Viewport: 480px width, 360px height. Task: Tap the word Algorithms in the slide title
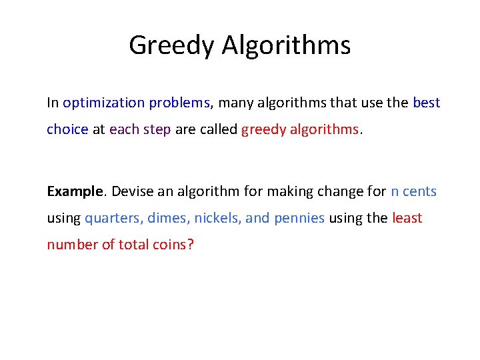click(287, 45)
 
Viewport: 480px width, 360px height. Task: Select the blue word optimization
click(103, 103)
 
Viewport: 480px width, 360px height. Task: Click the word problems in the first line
click(179, 103)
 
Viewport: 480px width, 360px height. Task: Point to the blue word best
click(427, 103)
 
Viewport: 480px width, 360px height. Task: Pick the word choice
click(67, 129)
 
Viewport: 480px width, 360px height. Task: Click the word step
click(156, 129)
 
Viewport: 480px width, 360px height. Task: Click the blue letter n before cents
click(395, 191)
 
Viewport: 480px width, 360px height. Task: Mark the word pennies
click(299, 218)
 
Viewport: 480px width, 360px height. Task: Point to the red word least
click(407, 218)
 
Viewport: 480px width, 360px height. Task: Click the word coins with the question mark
click(173, 245)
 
